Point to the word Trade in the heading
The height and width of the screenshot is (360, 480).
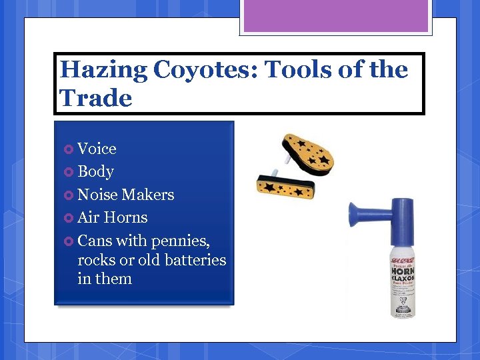click(96, 98)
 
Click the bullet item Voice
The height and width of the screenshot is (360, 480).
click(97, 149)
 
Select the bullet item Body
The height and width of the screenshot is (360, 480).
click(95, 171)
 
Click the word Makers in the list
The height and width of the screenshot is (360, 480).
click(147, 195)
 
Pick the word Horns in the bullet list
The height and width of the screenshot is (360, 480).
click(126, 217)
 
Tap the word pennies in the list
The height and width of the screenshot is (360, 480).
click(181, 240)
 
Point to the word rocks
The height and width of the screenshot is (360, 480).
click(96, 260)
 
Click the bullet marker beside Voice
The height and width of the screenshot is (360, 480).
click(69, 149)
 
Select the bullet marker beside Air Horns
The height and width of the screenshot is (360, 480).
click(69, 218)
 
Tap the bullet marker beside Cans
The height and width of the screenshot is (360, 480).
click(69, 241)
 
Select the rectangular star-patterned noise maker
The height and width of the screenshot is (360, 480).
click(285, 185)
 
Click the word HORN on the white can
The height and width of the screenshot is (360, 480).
click(402, 273)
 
